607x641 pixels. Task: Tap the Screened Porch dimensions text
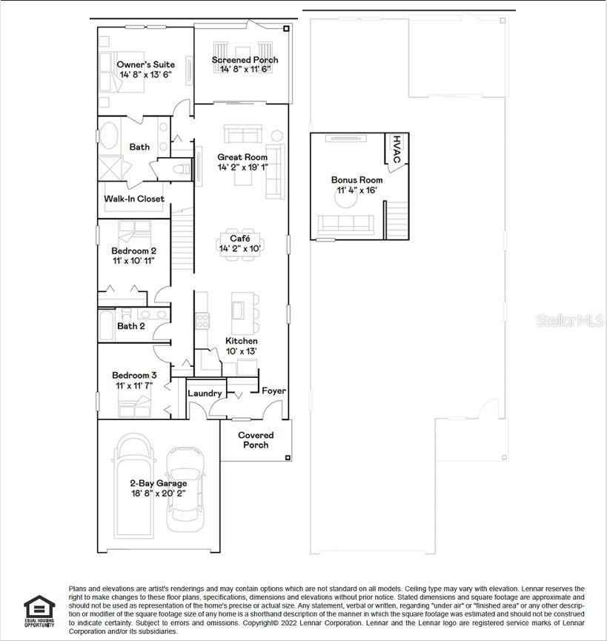(x=245, y=70)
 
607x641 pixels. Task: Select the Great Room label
(x=242, y=157)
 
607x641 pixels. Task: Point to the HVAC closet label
(x=396, y=150)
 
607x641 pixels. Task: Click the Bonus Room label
(x=356, y=180)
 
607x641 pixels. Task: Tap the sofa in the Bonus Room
(x=345, y=222)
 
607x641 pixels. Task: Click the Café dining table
(x=239, y=243)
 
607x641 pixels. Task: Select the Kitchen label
(x=242, y=341)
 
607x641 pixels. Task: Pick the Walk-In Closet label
(x=134, y=199)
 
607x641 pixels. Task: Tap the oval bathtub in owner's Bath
(x=110, y=137)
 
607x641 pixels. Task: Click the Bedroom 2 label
(x=133, y=251)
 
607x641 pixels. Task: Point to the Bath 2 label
(x=131, y=326)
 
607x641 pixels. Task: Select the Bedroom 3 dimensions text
(x=134, y=386)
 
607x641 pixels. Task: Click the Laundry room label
(x=205, y=393)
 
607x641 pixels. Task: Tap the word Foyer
(x=273, y=391)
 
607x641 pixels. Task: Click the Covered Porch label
(x=256, y=440)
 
